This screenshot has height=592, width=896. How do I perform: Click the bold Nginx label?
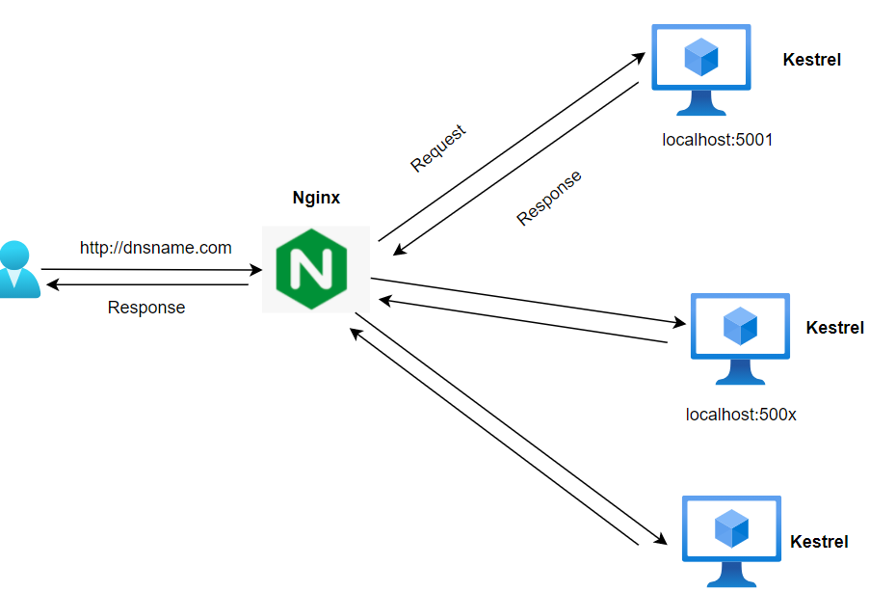pyautogui.click(x=316, y=199)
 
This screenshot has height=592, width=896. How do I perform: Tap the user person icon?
pyautogui.click(x=17, y=270)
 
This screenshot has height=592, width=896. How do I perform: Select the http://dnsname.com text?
pyautogui.click(x=156, y=248)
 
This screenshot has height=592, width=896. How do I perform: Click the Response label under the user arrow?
pyautogui.click(x=146, y=308)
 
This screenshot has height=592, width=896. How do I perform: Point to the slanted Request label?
pyautogui.click(x=438, y=148)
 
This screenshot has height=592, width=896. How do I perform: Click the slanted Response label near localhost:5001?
pyautogui.click(x=549, y=198)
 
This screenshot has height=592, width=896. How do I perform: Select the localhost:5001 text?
pyautogui.click(x=718, y=140)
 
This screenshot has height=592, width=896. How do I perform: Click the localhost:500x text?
pyautogui.click(x=741, y=416)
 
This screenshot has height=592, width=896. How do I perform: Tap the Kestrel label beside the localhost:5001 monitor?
pyautogui.click(x=811, y=60)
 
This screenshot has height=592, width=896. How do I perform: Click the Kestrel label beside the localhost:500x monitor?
pyautogui.click(x=834, y=328)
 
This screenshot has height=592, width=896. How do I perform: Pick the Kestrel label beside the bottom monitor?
pyautogui.click(x=819, y=542)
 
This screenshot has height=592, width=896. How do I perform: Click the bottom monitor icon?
pyautogui.click(x=731, y=540)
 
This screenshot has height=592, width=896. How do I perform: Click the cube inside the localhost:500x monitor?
pyautogui.click(x=740, y=326)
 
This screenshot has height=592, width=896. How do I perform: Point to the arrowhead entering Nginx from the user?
pyautogui.click(x=256, y=271)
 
